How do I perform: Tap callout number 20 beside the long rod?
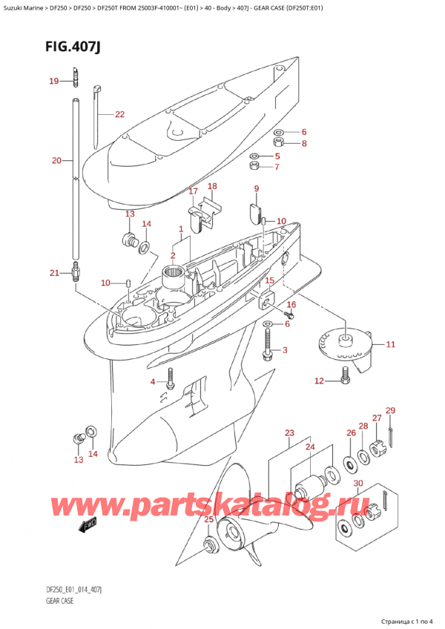click(57, 159)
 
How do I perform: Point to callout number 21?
click(53, 274)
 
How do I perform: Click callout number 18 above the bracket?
click(212, 186)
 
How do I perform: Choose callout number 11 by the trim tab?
click(390, 344)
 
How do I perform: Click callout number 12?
click(318, 381)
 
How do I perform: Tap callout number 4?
click(154, 382)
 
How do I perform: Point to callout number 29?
click(390, 410)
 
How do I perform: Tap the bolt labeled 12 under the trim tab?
click(345, 381)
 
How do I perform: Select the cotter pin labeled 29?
click(392, 436)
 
